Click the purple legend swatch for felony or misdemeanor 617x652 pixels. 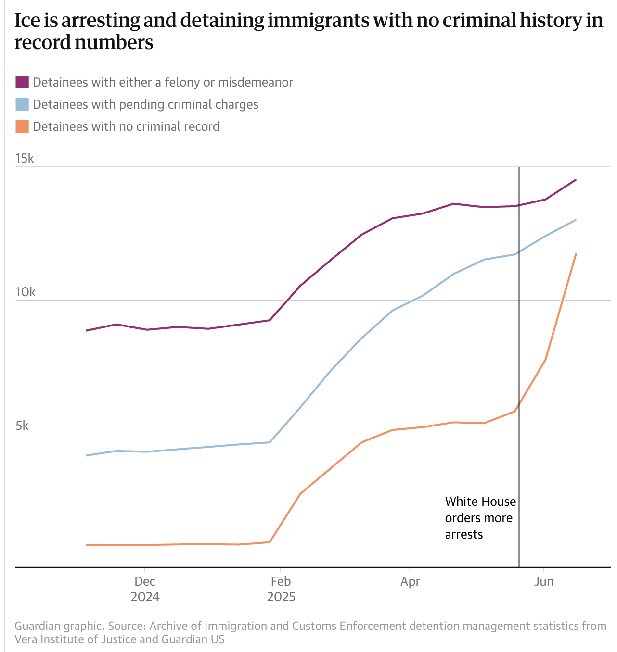point(22,82)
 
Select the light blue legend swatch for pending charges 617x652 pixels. point(22,104)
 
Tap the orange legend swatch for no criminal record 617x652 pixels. point(22,126)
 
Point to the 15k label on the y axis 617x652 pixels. point(25,159)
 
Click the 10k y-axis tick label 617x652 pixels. point(25,292)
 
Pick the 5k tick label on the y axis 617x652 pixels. point(22,426)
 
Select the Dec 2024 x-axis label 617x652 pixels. point(145,589)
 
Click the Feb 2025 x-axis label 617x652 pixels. point(281,589)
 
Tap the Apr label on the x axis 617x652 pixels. point(410,582)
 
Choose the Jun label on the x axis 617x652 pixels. point(544,582)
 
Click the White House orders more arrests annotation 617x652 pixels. point(480,518)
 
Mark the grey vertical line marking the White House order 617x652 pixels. point(519,365)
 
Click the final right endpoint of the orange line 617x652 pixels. point(576,254)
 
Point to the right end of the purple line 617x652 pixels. point(576,180)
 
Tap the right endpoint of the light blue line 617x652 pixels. point(576,220)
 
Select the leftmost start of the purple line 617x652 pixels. point(86,331)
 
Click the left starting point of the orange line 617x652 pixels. point(86,545)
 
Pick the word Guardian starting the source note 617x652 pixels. point(37,626)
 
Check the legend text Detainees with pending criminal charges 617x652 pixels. point(145,104)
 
